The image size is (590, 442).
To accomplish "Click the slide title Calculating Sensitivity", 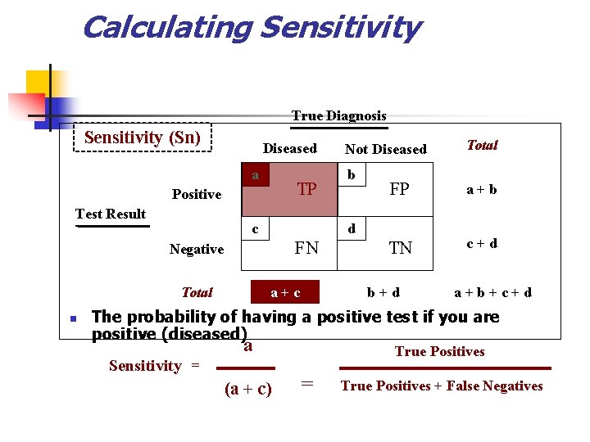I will pos(251,28).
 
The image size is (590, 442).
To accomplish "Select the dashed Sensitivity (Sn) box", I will pos(143,138).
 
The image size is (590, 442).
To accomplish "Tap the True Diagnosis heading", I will pos(338,115).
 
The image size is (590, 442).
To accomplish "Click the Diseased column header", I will pos(289,148).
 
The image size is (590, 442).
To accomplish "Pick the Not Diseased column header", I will pos(385,149).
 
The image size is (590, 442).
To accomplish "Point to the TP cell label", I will pos(307,189).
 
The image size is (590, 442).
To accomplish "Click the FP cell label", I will pos(399,188).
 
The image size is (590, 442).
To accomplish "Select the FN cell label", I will pos(306,247).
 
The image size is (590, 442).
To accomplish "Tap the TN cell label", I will pos(400,248).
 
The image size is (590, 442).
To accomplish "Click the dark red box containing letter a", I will pos(256,175).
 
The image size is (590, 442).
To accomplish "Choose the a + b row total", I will pos(482,190).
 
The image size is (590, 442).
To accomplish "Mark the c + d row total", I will pos(482,243).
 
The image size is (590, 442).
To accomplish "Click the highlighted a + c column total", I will pos(285,292).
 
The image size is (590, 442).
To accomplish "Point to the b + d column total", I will pos(383,292).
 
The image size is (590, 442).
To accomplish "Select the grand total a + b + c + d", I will pos(492,292).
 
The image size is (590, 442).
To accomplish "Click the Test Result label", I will pos(110,214).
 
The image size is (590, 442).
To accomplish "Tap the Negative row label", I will pos(197,249).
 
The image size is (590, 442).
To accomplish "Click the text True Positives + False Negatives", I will pos(442,386).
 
